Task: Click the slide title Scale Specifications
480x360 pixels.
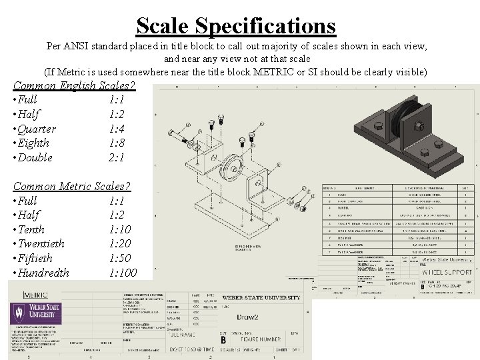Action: coord(236,25)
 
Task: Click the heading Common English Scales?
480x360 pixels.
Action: coord(74,86)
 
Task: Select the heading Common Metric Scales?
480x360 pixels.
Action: coord(71,186)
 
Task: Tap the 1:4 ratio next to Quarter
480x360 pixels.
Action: coord(118,129)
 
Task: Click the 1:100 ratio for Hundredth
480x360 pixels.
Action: coord(123,273)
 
